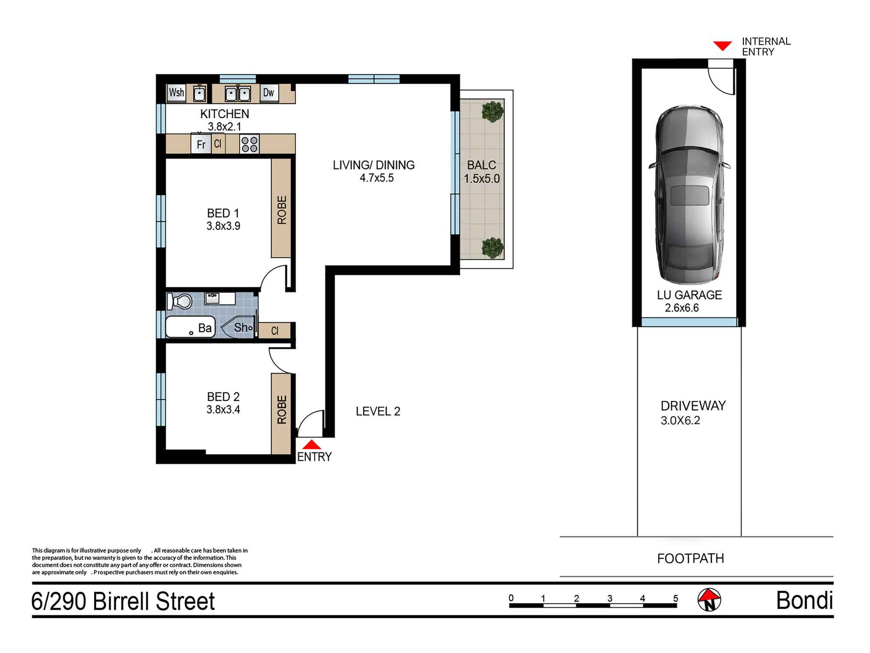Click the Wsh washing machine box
click(177, 93)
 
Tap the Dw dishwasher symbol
click(269, 93)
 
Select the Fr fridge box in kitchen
click(201, 144)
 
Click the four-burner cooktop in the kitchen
click(249, 144)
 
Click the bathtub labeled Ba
click(191, 327)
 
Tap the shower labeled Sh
click(239, 327)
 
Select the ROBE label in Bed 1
click(282, 210)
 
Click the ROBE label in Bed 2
click(282, 409)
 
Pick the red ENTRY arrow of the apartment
click(311, 444)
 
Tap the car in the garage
click(689, 195)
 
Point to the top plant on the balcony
click(492, 111)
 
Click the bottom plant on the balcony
click(492, 247)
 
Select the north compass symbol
click(709, 600)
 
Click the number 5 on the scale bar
click(676, 598)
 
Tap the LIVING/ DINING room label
click(374, 165)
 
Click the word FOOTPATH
click(690, 559)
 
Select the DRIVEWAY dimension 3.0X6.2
click(680, 421)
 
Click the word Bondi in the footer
click(805, 601)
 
